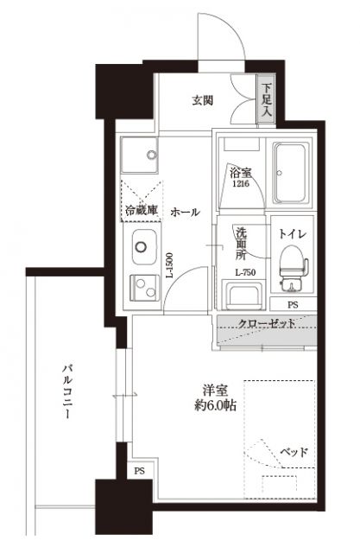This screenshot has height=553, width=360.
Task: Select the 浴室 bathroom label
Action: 238,172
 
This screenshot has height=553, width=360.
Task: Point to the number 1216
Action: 238,183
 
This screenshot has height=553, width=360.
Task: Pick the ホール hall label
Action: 185,212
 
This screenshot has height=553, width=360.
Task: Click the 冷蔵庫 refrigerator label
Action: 141,211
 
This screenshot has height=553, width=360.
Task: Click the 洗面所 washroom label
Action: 243,244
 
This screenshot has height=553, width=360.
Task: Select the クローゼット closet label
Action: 268,323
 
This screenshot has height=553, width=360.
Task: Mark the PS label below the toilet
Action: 292,304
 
